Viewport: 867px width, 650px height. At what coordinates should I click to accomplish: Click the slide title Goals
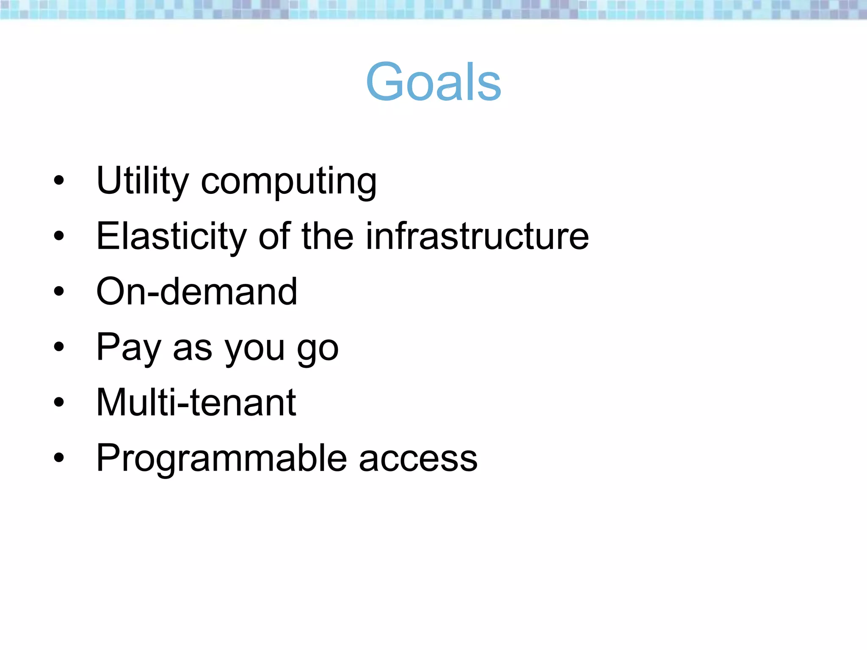point(433,82)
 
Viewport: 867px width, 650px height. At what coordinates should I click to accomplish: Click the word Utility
point(142,181)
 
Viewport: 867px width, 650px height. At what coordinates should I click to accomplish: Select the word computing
point(288,183)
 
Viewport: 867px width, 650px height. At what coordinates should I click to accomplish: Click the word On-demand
point(197,292)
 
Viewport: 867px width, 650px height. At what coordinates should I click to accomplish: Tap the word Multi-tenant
point(196,402)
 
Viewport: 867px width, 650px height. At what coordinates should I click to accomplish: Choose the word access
point(418,460)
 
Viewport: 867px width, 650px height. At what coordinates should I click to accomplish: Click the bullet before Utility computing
point(59,181)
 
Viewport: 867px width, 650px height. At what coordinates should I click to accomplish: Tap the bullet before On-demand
point(59,292)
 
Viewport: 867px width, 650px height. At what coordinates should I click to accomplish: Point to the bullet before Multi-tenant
point(59,403)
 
